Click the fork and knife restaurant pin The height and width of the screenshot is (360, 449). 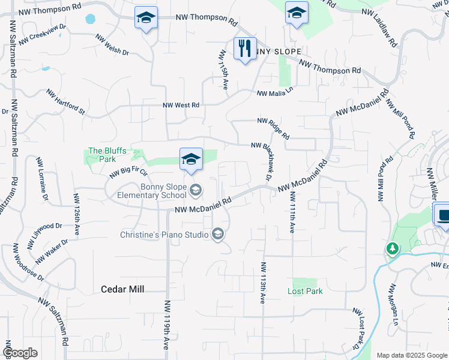245,49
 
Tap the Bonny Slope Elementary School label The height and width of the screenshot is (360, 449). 163,191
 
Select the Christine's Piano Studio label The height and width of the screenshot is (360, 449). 163,235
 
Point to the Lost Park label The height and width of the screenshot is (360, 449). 305,291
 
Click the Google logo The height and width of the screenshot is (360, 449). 20,353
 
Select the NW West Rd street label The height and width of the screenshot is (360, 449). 181,105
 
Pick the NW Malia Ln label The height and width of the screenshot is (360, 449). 275,92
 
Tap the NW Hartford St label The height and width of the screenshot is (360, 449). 66,102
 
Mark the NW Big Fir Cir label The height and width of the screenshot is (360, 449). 128,174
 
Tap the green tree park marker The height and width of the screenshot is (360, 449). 393,248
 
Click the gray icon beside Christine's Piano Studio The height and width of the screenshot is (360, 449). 218,235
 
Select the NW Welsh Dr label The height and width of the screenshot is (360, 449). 112,45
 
